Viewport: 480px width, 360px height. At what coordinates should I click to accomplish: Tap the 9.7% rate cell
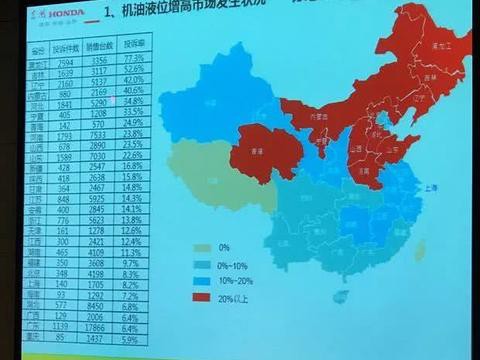point(133,262)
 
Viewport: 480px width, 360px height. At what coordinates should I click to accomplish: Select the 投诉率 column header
point(133,46)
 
